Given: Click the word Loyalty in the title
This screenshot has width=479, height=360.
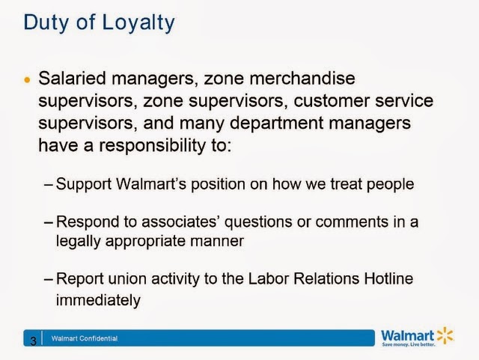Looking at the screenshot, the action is pos(138,23).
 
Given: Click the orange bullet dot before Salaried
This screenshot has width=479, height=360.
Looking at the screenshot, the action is pos(27,80).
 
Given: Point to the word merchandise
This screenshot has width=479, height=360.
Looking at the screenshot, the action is pos(302,79).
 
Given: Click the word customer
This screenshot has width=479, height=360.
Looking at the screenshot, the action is pos(332,101).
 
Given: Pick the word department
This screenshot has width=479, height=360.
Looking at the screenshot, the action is pos(276,123).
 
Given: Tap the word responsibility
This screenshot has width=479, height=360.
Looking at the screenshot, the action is pos(153,146).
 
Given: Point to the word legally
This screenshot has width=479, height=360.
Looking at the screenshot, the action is pos(78,242).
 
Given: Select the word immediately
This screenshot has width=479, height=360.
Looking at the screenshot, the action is pos(98,301).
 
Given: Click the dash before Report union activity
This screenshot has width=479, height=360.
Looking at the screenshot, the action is pos(49,279).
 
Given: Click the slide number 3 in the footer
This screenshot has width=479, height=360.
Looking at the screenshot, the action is pos(33,341).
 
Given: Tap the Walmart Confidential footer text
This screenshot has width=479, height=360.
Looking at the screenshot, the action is pos(85,338).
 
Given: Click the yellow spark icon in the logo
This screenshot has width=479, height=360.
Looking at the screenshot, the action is pos(445,335).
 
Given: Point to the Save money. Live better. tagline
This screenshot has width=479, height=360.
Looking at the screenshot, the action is pos(409,345).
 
